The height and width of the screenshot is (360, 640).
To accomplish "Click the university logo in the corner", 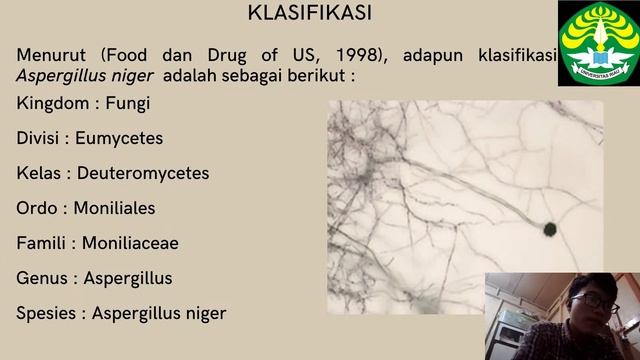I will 598,43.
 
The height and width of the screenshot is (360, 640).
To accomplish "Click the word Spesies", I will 48,314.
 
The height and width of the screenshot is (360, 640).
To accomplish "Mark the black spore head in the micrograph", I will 549,230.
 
